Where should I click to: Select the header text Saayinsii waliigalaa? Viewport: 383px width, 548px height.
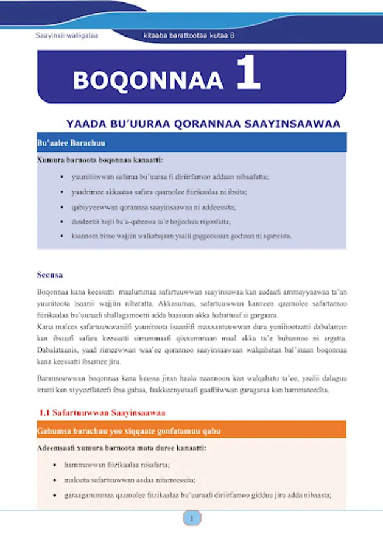pos(67,36)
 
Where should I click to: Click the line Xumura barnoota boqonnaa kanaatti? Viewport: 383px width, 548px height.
pos(100,160)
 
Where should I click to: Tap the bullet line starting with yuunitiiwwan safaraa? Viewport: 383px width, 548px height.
pos(169,177)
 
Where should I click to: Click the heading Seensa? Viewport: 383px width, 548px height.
pos(50,275)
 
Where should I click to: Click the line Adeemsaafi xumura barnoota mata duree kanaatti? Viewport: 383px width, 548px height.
pos(121,448)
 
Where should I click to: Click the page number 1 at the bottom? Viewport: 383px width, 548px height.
pos(192,519)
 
